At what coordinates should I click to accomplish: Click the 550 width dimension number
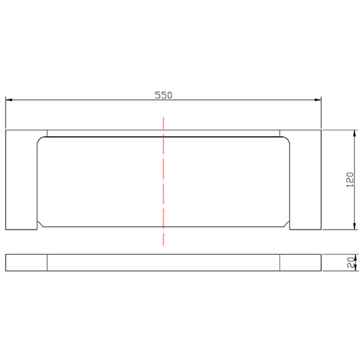pyautogui.click(x=163, y=95)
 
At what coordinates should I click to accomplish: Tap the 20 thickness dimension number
pyautogui.click(x=348, y=263)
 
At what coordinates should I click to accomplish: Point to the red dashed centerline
pyautogui.click(x=163, y=180)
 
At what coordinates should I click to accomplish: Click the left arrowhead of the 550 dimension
pyautogui.click(x=9, y=101)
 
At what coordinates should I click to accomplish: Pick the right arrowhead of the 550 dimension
pyautogui.click(x=318, y=101)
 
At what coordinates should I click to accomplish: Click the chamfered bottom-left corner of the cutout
pyautogui.click(x=40, y=225)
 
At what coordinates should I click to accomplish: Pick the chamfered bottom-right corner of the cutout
pyautogui.click(x=290, y=225)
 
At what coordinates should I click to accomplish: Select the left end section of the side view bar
pyautogui.click(x=26, y=263)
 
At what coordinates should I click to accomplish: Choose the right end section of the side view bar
pyautogui.click(x=301, y=263)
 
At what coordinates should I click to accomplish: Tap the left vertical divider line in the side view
pyautogui.click(x=47, y=263)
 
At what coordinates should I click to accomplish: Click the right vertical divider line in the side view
pyautogui.click(x=279, y=263)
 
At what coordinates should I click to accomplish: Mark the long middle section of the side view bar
pyautogui.click(x=163, y=263)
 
